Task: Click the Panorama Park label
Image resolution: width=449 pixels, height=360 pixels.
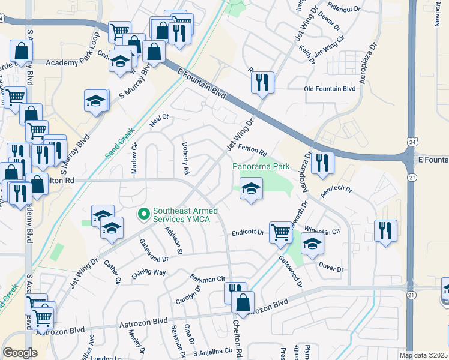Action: coord(262,166)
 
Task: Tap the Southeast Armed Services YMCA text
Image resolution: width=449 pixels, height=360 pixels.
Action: coord(185,215)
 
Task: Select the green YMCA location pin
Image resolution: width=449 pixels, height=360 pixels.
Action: coord(143,213)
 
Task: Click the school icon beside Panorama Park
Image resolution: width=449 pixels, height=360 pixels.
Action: coord(251,189)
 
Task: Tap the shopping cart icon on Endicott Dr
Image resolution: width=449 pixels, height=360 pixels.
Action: coord(280,232)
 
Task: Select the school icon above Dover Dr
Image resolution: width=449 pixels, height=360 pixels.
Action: coord(312,244)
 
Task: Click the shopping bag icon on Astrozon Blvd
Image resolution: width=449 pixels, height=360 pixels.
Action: coord(243,302)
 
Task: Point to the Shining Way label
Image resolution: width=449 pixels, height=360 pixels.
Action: coord(149,272)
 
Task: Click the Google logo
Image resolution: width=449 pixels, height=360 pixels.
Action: coord(20,353)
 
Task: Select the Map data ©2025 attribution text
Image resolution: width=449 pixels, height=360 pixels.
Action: coord(423,355)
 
